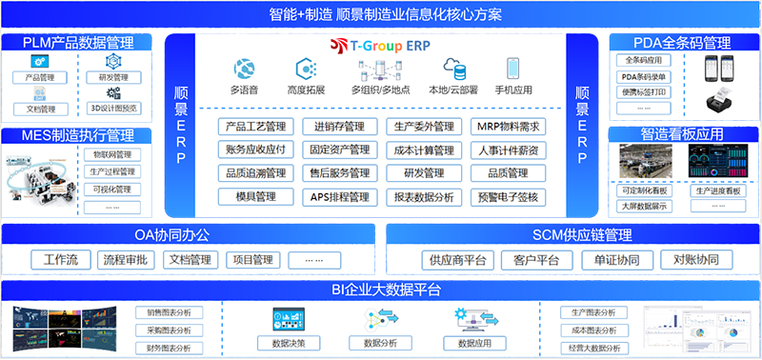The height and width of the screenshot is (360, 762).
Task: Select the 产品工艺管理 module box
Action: [x=253, y=127]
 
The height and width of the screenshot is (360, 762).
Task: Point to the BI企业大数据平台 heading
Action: [x=381, y=289]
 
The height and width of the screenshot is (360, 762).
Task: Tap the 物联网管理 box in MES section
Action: [x=113, y=154]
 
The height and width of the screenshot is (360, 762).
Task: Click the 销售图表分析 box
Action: [x=169, y=312]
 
